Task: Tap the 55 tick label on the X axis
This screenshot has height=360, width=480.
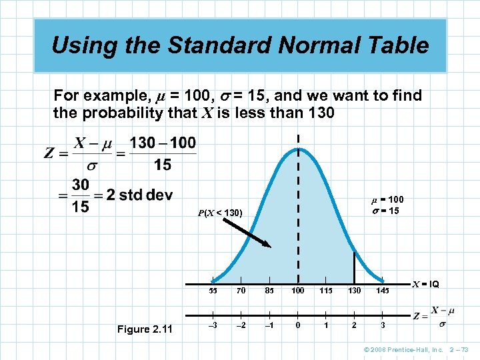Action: (x=213, y=291)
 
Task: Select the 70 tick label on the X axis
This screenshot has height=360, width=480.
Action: (x=241, y=291)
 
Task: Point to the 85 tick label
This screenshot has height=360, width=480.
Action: (x=269, y=291)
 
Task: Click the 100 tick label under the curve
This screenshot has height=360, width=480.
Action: (x=297, y=291)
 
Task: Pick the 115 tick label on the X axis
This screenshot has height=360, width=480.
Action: (x=326, y=291)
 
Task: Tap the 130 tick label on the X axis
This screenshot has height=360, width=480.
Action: (x=354, y=291)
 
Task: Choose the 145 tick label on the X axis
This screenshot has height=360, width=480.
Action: (x=383, y=291)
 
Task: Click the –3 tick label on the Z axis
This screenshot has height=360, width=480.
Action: (x=212, y=325)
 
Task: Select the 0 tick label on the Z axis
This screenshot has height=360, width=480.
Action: (x=298, y=325)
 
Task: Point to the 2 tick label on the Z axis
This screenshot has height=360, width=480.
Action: (x=354, y=325)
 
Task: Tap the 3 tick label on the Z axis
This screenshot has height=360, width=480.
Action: (x=383, y=325)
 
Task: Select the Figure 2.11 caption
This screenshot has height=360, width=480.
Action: (x=144, y=329)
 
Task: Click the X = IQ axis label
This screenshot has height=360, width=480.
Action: (x=424, y=284)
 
